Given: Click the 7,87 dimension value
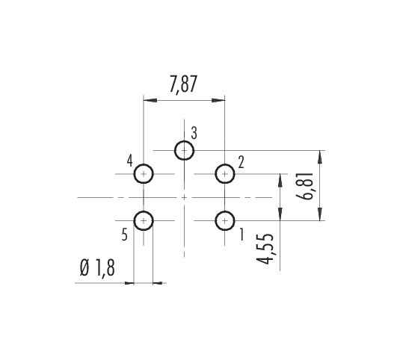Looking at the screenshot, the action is pos(183,84).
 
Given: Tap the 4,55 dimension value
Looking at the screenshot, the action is pos(265,249).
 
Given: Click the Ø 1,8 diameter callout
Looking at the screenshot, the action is pos(97,268).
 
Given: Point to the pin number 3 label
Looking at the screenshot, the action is pos(194,133).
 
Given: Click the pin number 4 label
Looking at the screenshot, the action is pos(130,161).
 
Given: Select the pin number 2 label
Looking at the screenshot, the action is pos(241,163).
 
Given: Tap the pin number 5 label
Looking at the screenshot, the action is pos(125,235).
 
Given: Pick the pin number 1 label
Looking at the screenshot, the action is pos(241,235).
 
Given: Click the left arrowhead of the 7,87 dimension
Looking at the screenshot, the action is pos(150,100).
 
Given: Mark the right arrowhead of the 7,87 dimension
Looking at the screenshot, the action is pos(218,100).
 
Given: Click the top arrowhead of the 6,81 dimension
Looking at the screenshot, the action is pos(321,157).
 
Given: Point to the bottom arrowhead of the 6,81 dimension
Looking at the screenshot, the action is pos(321,214).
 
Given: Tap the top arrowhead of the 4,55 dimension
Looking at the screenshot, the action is pos(280,181).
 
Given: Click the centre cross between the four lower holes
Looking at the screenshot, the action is pos(184,197).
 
